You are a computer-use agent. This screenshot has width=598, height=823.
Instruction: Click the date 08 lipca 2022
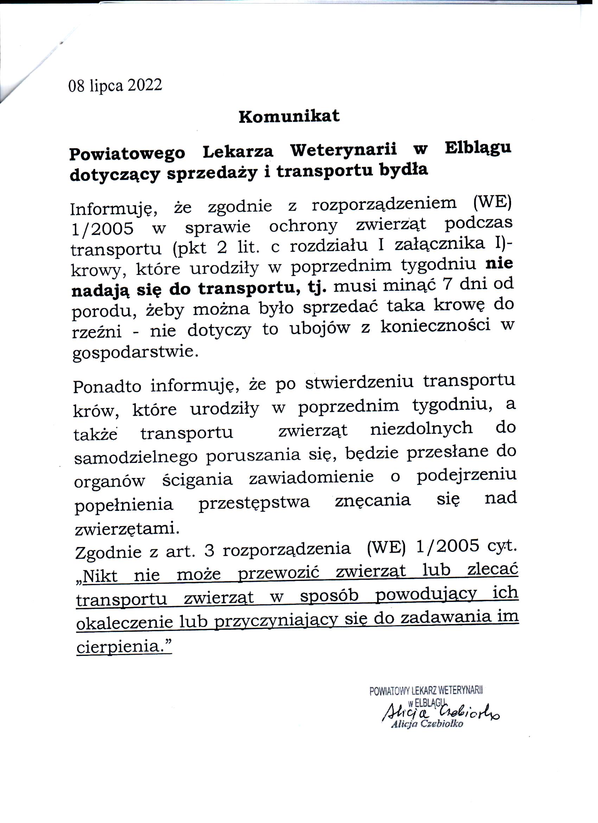click(x=115, y=86)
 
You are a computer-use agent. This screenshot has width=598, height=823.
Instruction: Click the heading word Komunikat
click(x=289, y=117)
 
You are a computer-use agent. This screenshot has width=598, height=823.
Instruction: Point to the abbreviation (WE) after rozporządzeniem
click(x=492, y=202)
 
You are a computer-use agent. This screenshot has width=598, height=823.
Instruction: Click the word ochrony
click(x=303, y=227)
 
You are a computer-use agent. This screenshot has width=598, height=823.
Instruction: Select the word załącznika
click(x=439, y=243)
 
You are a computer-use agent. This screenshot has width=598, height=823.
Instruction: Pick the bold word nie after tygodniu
click(x=499, y=263)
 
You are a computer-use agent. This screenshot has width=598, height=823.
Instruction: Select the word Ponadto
click(x=107, y=387)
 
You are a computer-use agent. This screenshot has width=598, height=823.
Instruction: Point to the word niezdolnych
click(x=421, y=429)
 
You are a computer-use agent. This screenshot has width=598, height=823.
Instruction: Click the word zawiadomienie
click(x=311, y=477)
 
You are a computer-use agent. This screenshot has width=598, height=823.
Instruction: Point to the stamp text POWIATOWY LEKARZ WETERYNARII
click(x=426, y=691)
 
